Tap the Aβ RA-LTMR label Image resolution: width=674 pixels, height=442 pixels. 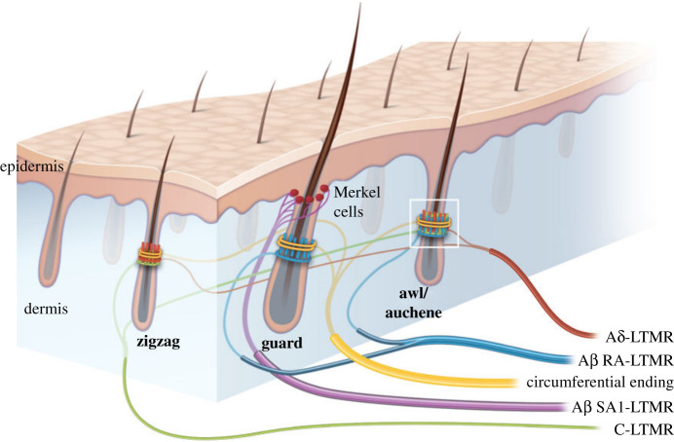point(620,358)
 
